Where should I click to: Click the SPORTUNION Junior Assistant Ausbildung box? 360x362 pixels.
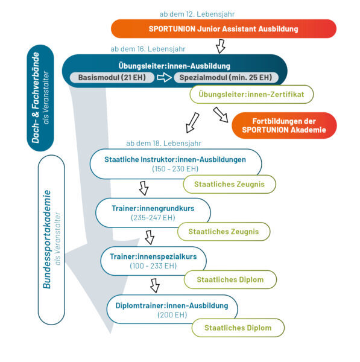coord(224,29)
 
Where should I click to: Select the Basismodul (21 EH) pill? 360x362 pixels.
coord(112,77)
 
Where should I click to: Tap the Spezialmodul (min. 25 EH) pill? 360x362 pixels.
coord(226,77)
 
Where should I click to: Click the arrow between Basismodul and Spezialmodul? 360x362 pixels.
coord(164,77)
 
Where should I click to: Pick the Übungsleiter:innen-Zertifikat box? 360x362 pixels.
coord(251,94)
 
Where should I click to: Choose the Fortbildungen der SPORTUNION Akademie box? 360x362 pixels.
coord(284,125)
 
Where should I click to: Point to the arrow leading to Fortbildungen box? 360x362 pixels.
coord(221,115)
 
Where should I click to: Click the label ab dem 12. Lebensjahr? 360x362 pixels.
coord(197,14)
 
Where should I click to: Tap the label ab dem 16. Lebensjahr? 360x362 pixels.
coord(148,49)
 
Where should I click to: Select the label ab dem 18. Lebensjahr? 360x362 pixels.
coord(163,144)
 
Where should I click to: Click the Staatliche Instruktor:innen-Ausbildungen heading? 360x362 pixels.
coord(175,159)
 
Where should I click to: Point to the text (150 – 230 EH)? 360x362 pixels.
coord(175,169)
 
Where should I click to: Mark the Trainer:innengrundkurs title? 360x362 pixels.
coord(153,208)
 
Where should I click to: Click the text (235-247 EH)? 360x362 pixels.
coord(153,217)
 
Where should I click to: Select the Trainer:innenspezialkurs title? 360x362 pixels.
coord(153,256)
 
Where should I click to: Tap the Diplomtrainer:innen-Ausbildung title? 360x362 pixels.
coord(172,305)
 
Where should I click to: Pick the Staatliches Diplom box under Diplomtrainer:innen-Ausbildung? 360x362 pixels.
coord(238,328)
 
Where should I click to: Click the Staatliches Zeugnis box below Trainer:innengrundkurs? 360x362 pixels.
coord(224,232)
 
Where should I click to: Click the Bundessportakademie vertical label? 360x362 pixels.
coord(47,239)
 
